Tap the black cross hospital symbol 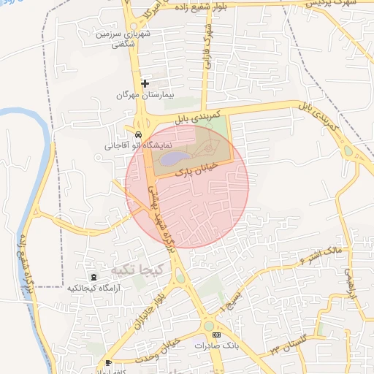145,83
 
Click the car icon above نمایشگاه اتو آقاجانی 138,134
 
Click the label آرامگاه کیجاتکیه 93,289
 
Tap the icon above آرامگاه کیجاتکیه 93,277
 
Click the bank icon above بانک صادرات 215,334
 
